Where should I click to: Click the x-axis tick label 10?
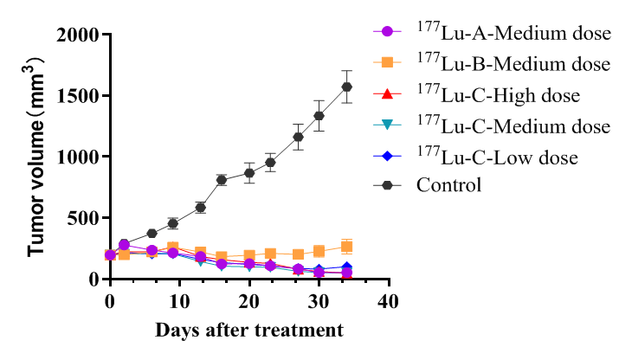(x=179, y=300)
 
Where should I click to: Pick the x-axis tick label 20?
(x=249, y=300)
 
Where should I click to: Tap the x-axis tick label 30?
(x=319, y=300)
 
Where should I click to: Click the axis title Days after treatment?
(x=249, y=331)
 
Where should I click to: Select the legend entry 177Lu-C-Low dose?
(x=496, y=156)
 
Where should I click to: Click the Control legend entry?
(x=448, y=184)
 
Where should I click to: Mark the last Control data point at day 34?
(x=347, y=87)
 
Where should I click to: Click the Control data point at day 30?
(x=319, y=116)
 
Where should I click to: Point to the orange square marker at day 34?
(x=347, y=247)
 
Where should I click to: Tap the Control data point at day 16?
(x=222, y=180)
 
